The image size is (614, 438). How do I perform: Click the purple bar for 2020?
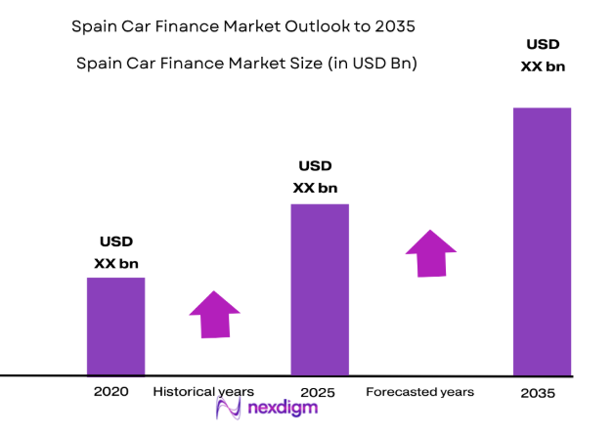click(x=115, y=327)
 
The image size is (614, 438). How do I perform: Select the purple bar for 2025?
click(x=320, y=289)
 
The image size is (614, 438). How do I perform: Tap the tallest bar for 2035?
click(x=542, y=241)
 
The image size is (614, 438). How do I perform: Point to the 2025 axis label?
click(x=318, y=392)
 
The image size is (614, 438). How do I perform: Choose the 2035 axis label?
click(x=538, y=393)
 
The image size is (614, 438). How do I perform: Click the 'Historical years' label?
click(x=203, y=392)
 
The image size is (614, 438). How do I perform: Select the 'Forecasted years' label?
click(x=419, y=392)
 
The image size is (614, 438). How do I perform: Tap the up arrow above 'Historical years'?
click(x=214, y=315)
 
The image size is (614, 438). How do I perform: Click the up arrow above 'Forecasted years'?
click(x=431, y=253)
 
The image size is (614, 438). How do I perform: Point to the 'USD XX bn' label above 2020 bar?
click(x=116, y=252)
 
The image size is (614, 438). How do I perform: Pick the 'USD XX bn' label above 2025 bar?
click(x=316, y=177)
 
